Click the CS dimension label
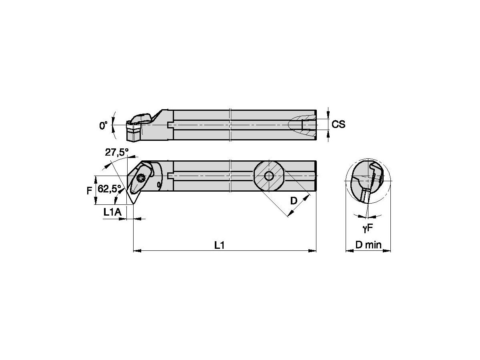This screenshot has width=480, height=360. coord(339,124)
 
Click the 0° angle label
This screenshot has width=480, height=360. coord(104,126)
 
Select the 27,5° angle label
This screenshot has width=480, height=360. coord(117,152)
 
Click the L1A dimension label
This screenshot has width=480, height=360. coord(112,213)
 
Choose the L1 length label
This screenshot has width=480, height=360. coord(219,245)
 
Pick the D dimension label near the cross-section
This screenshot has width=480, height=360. coord(294,201)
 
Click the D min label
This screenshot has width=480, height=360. coord(368,245)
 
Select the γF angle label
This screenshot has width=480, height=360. coord(368,228)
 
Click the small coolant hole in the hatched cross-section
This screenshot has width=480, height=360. coord(268,176)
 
